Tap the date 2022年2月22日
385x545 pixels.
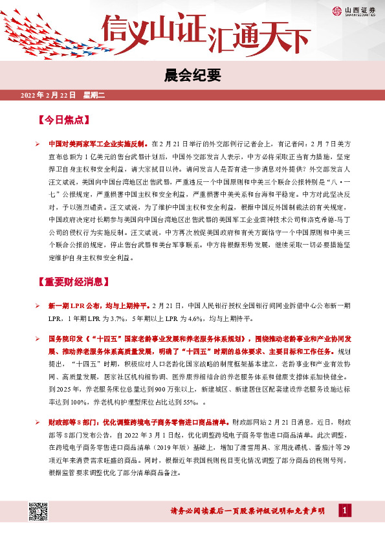point(48,96)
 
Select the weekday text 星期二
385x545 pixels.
point(94,96)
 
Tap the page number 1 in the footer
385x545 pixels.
point(346,511)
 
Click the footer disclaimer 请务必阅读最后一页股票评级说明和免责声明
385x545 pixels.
point(252,511)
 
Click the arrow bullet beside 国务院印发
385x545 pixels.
point(38,339)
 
